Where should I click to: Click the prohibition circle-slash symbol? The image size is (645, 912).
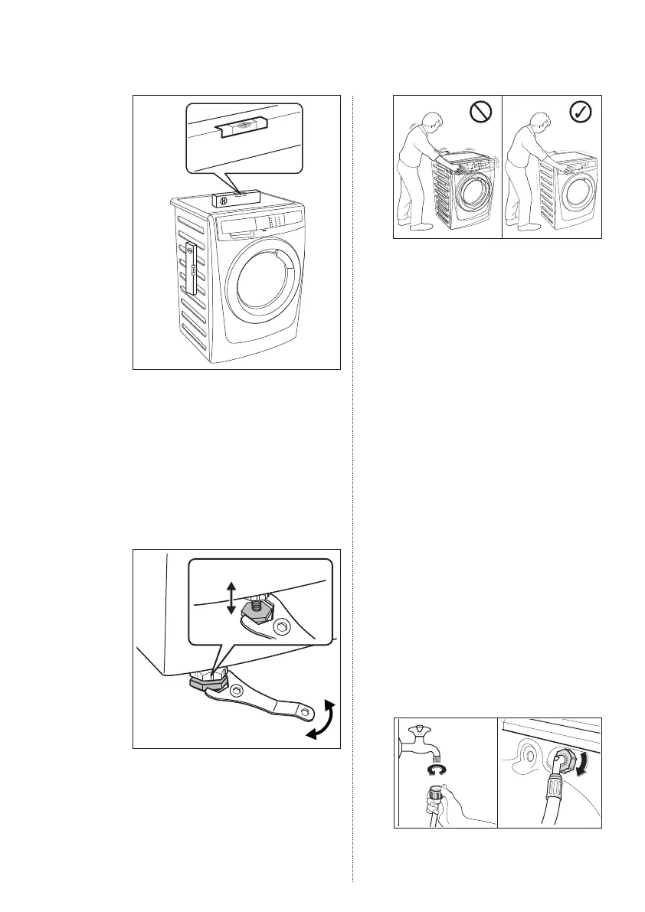click(x=480, y=113)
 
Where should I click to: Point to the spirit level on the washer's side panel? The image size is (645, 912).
click(x=190, y=268)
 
